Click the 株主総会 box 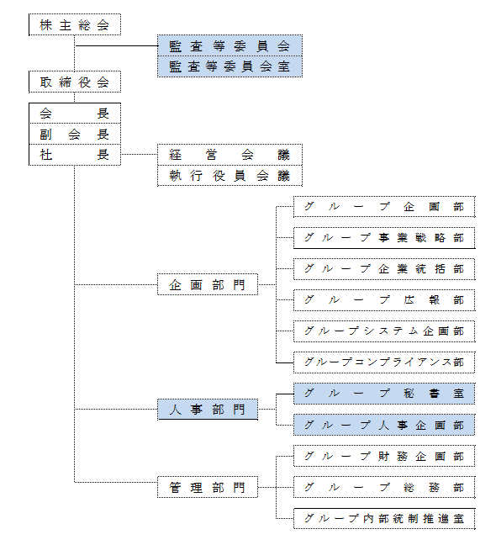[75, 24]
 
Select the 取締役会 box [75, 82]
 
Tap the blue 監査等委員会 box [230, 45]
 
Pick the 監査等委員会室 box [230, 66]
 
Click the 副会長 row [75, 134]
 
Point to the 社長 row [75, 155]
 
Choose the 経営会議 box [230, 155]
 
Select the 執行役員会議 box [230, 176]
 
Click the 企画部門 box [208, 284]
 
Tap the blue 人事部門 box [208, 410]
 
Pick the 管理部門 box [208, 487]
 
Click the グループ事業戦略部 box [384, 238]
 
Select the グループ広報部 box [384, 300]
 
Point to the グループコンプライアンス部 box [384, 362]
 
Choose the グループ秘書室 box [384, 394]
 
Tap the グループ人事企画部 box [384, 425]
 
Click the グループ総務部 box [384, 487]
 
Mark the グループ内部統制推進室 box [384, 519]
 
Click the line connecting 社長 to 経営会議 [139, 154]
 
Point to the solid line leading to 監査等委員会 [117, 45]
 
